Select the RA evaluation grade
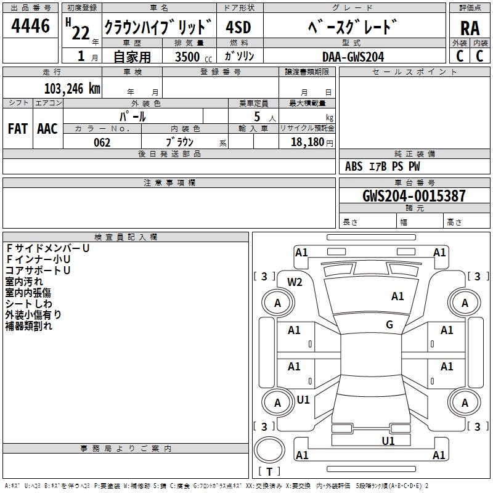pyautogui.click(x=470, y=28)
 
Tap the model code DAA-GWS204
pyautogui.click(x=353, y=56)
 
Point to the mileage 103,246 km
pyautogui.click(x=72, y=88)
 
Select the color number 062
pyautogui.click(x=102, y=142)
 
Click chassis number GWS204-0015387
pyautogui.click(x=414, y=196)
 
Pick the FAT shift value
pyautogui.click(x=17, y=128)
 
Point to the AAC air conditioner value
pyautogui.click(x=47, y=128)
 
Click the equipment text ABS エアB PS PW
pyautogui.click(x=383, y=166)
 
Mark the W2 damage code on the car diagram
pyautogui.click(x=295, y=282)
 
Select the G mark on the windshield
pyautogui.click(x=389, y=324)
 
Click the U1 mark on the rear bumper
pyautogui.click(x=388, y=441)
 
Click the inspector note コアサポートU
pyautogui.click(x=38, y=271)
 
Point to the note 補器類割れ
pyautogui.click(x=29, y=326)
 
